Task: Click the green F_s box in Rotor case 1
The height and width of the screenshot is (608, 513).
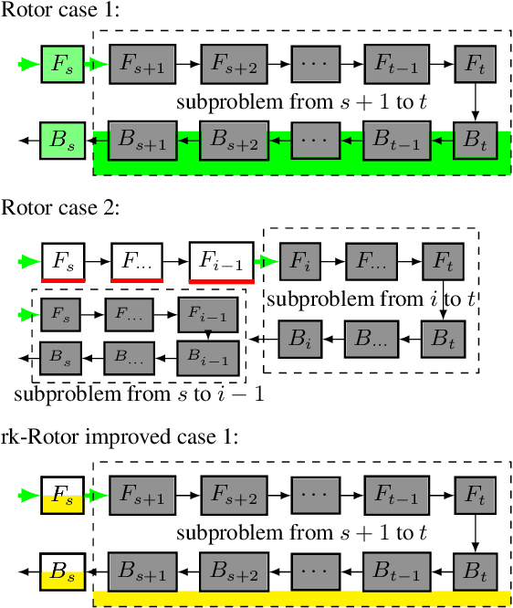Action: pyautogui.click(x=63, y=64)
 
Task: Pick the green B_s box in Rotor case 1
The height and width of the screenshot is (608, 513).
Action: pyautogui.click(x=63, y=141)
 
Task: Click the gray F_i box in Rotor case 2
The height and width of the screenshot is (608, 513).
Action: pyautogui.click(x=300, y=259)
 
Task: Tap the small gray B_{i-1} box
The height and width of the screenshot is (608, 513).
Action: pyautogui.click(x=207, y=353)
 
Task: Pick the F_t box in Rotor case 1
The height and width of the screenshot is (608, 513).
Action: pyautogui.click(x=474, y=64)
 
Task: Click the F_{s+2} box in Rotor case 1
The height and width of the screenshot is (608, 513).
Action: pyautogui.click(x=234, y=64)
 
